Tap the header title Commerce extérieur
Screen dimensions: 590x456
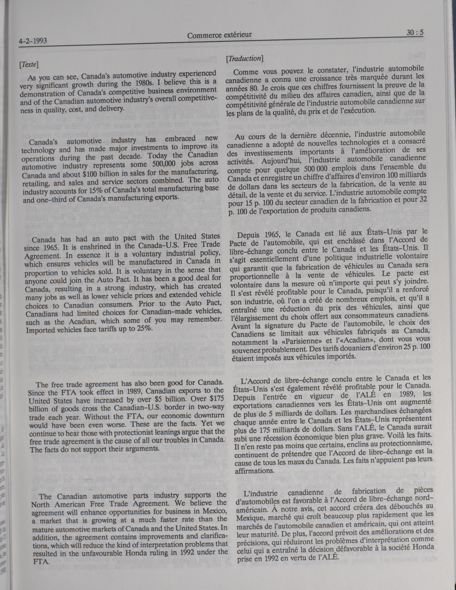219,35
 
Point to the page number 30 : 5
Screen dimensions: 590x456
415,33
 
